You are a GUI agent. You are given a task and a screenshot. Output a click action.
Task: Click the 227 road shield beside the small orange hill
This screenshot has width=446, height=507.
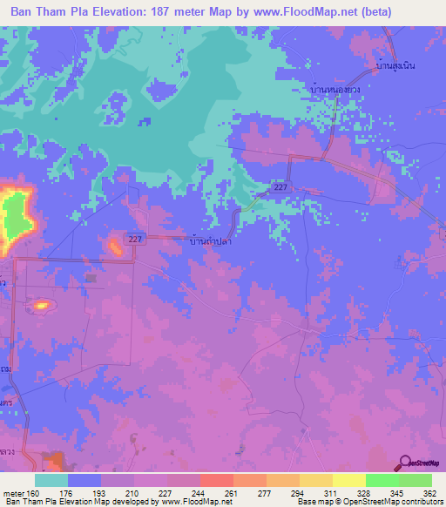(x=134, y=239)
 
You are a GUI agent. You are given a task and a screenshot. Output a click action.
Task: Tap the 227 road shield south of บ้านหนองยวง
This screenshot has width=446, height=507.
(x=279, y=188)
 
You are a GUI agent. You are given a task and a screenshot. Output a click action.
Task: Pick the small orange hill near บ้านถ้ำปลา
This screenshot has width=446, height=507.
(x=114, y=247)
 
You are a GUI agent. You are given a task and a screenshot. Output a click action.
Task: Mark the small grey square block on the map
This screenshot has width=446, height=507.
(x=91, y=278)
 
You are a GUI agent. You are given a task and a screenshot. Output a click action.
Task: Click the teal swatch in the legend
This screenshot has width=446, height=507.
(x=51, y=480)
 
